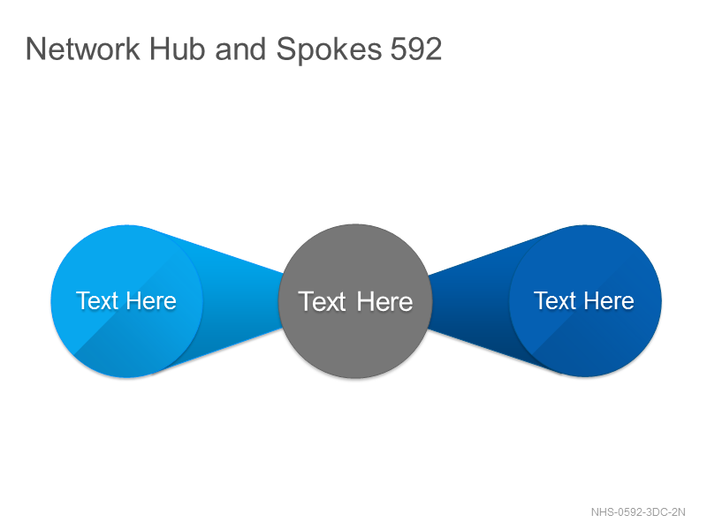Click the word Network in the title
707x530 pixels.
83,49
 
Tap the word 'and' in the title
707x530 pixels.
240,49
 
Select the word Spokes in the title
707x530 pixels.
329,50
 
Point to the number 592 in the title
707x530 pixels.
415,49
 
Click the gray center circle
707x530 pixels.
355,300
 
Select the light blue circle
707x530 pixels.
126,300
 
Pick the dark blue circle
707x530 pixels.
585,300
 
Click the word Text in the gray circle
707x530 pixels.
322,301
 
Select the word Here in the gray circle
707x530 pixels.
384,301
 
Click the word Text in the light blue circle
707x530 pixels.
97,300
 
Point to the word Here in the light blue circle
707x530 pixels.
151,300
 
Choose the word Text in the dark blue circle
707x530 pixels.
555,300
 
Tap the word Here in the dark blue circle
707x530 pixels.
609,300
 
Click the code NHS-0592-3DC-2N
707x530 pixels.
638,512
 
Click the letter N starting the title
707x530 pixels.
35,49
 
